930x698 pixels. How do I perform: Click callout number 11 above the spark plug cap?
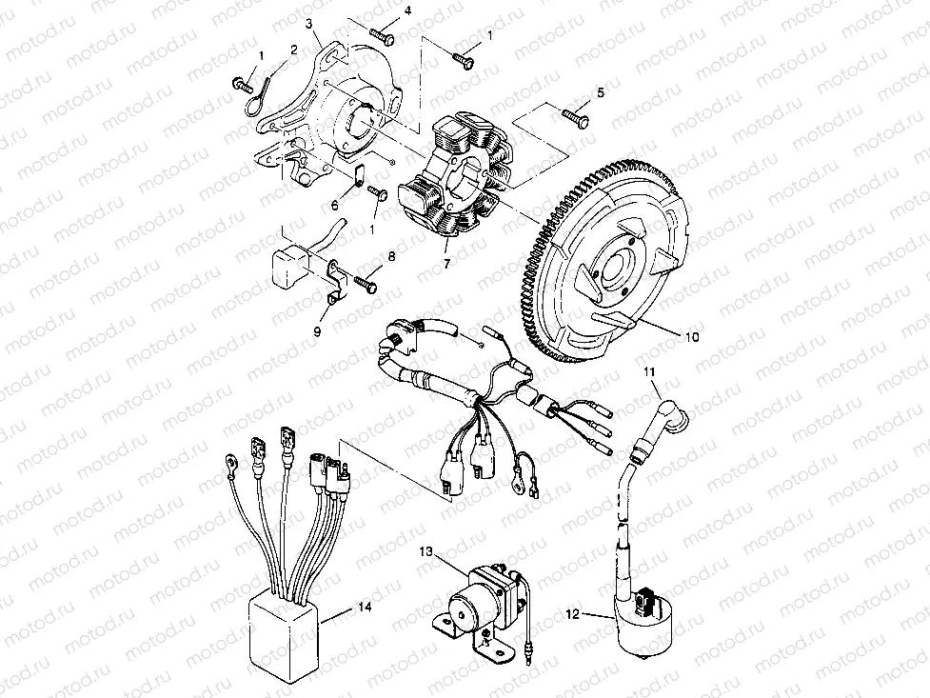650,371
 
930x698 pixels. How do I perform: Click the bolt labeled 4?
382,34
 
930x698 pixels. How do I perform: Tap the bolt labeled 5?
576,118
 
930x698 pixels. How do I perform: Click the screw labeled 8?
366,284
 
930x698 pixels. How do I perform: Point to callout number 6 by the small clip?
335,205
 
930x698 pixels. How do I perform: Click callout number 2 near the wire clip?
293,49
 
